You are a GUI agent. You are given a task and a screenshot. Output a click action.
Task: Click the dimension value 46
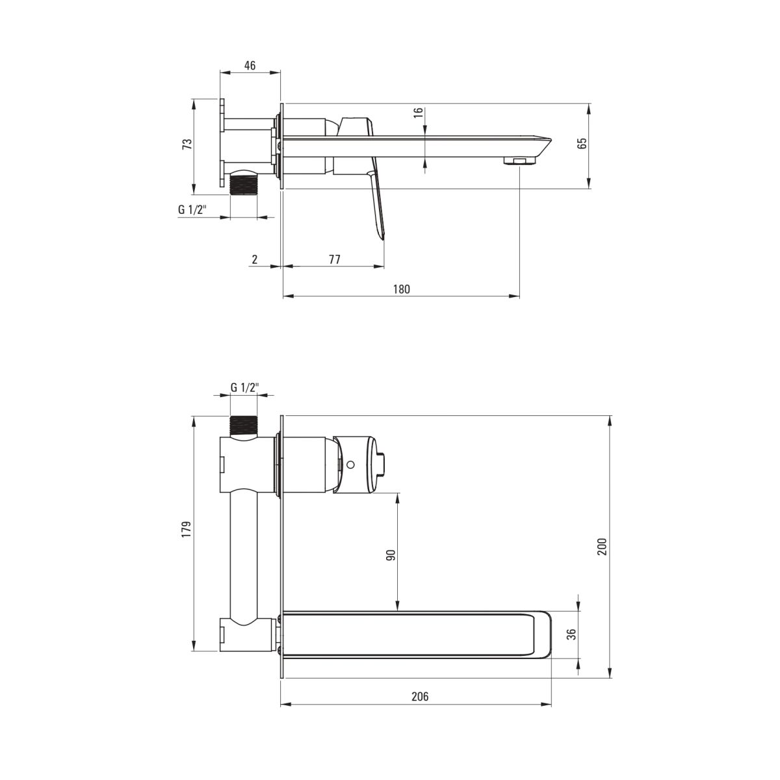(x=250, y=65)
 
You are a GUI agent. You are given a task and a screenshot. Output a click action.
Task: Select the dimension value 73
(x=187, y=144)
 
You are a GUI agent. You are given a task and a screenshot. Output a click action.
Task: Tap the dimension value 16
(x=419, y=112)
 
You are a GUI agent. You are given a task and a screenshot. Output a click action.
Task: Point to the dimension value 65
(x=582, y=143)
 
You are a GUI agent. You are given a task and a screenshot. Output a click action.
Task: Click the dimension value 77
(x=334, y=259)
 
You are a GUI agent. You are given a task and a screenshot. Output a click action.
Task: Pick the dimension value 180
(x=402, y=289)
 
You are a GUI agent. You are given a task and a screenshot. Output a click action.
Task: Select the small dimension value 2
(x=254, y=259)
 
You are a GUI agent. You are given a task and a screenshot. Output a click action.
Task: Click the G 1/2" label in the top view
(x=192, y=210)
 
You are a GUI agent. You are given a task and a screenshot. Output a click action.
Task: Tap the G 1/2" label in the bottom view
(x=244, y=387)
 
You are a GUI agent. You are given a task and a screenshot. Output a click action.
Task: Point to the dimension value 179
(x=187, y=530)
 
